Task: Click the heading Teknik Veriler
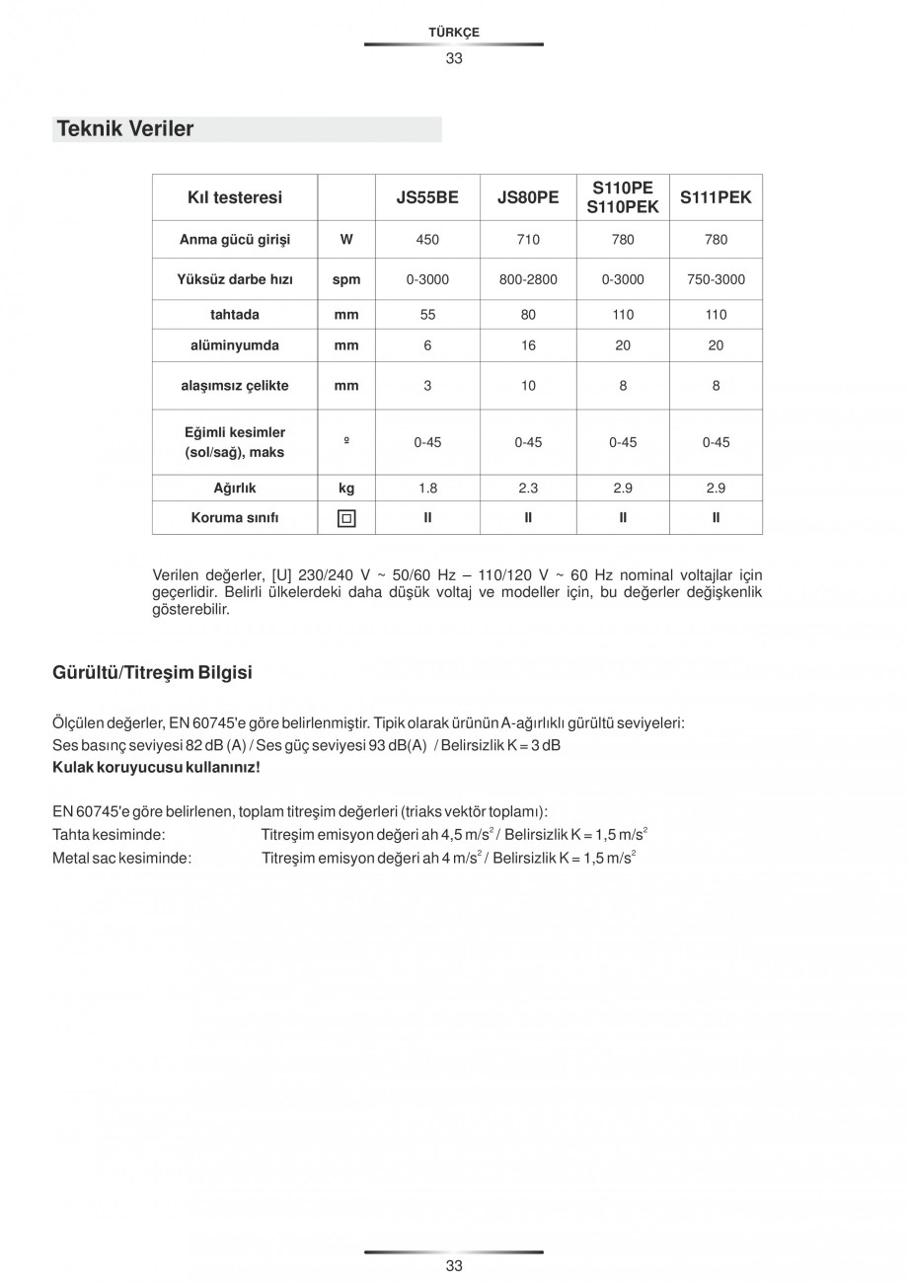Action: pyautogui.click(x=125, y=129)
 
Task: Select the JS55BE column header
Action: pyautogui.click(x=427, y=197)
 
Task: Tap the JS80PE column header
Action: pyautogui.click(x=528, y=197)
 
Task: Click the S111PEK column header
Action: pyautogui.click(x=716, y=197)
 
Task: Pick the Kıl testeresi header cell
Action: pyautogui.click(x=235, y=197)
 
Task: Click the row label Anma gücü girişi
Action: pyautogui.click(x=235, y=240)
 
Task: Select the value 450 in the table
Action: pyautogui.click(x=427, y=240)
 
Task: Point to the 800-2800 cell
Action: pyautogui.click(x=528, y=279)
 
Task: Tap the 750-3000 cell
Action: pyautogui.click(x=716, y=279)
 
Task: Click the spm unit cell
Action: pyautogui.click(x=346, y=279)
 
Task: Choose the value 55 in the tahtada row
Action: pyautogui.click(x=427, y=315)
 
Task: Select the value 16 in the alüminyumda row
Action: pyautogui.click(x=528, y=345)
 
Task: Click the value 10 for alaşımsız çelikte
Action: pyautogui.click(x=528, y=386)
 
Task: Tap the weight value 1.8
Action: pyautogui.click(x=427, y=489)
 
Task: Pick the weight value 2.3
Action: pyautogui.click(x=528, y=489)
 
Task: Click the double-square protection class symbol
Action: pyautogui.click(x=346, y=518)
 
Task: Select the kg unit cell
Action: pyautogui.click(x=346, y=489)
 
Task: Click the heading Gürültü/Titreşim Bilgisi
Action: pyautogui.click(x=152, y=673)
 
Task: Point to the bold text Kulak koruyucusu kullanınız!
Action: pyautogui.click(x=156, y=767)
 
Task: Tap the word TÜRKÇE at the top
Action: pyautogui.click(x=454, y=33)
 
